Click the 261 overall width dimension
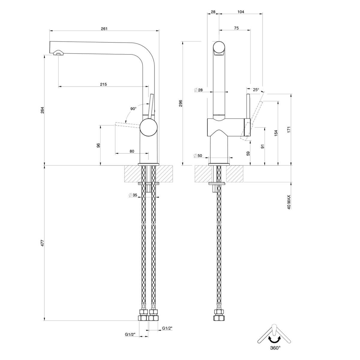pyautogui.click(x=104, y=29)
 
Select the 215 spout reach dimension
pyautogui.click(x=103, y=84)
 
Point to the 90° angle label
pyautogui.click(x=133, y=109)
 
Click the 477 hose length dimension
pyautogui.click(x=42, y=243)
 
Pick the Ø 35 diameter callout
pyautogui.click(x=133, y=195)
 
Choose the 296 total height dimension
pyautogui.click(x=181, y=103)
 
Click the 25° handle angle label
pyautogui.click(x=256, y=89)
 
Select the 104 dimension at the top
pyautogui.click(x=241, y=12)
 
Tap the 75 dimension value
pyautogui.click(x=236, y=28)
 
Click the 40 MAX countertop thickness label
pyautogui.click(x=289, y=202)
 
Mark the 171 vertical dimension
pyautogui.click(x=289, y=130)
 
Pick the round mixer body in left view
pyautogui.click(x=148, y=127)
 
